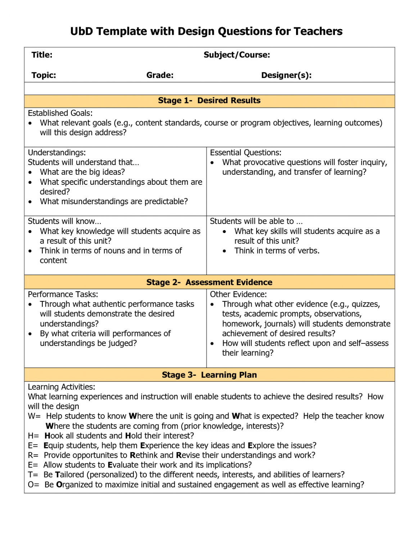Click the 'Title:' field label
[x=42, y=55]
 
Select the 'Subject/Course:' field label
[x=237, y=55]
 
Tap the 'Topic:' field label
[x=44, y=76]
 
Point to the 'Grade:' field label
[x=160, y=76]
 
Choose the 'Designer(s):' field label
[x=286, y=76]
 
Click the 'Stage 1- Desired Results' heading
[x=209, y=101]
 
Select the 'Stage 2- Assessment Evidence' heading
[x=209, y=283]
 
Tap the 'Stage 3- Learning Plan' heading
[x=209, y=375]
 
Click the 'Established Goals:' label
[x=60, y=113]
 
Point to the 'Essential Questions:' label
[x=246, y=153]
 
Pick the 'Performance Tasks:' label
[x=63, y=295]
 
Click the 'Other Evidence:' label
[x=239, y=295]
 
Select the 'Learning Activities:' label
[x=62, y=387]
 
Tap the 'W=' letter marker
[x=34, y=416]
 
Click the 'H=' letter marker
[x=33, y=436]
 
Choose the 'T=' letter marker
[x=33, y=475]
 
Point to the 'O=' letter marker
[x=33, y=485]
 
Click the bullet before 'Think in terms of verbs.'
[x=224, y=251]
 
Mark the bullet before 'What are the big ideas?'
[x=30, y=173]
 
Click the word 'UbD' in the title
[x=82, y=32]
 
